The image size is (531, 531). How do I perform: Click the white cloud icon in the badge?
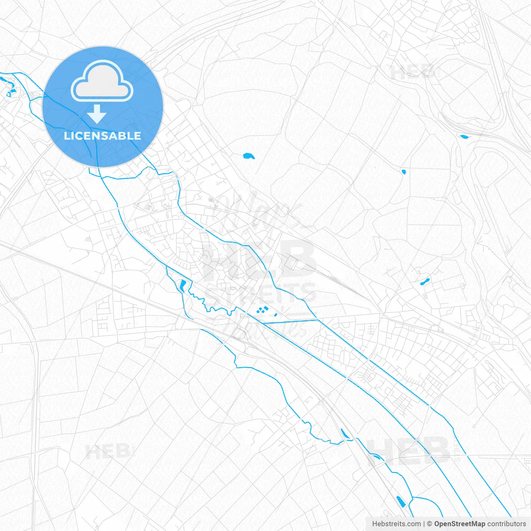[102, 82]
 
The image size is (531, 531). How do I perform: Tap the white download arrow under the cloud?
[97, 114]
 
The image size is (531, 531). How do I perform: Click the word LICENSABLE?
[102, 136]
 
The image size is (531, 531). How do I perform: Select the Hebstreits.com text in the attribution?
[396, 524]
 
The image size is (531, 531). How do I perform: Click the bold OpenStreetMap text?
[459, 524]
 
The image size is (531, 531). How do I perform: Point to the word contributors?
[507, 524]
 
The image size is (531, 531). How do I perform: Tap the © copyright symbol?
[429, 524]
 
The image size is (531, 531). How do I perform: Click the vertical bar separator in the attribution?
[424, 524]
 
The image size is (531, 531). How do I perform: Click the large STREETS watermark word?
[260, 293]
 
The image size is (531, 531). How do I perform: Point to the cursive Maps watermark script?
[257, 212]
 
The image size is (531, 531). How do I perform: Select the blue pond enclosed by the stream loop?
[183, 285]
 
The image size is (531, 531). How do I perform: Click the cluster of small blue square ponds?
[262, 309]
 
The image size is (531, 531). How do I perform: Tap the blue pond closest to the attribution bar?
[401, 501]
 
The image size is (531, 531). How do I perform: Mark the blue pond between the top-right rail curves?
[463, 136]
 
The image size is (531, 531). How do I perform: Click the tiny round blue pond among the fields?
[404, 172]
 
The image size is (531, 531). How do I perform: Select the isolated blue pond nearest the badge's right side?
[248, 156]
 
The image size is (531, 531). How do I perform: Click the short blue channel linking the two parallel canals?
[290, 322]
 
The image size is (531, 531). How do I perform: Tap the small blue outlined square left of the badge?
[8, 95]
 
